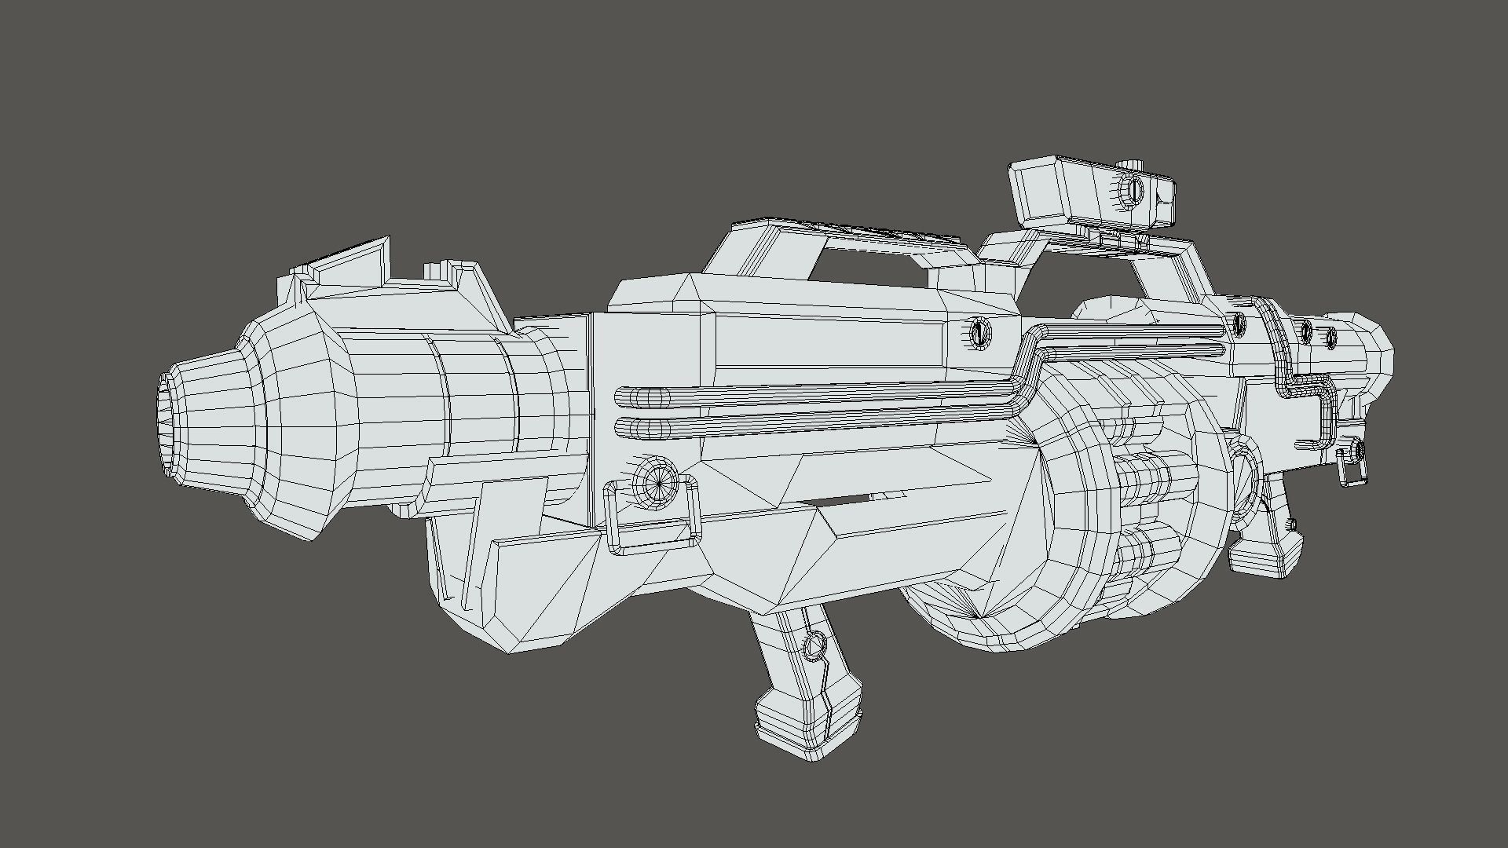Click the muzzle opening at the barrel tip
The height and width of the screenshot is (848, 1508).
coord(167,424)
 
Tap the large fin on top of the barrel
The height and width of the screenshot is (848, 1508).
coord(350,263)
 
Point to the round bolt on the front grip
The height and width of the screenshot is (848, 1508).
coord(814,646)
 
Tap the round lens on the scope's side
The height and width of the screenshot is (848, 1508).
coord(1133,188)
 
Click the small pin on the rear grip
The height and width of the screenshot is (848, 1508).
coord(1290,523)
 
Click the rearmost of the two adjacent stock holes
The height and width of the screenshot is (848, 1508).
coord(1332,338)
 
